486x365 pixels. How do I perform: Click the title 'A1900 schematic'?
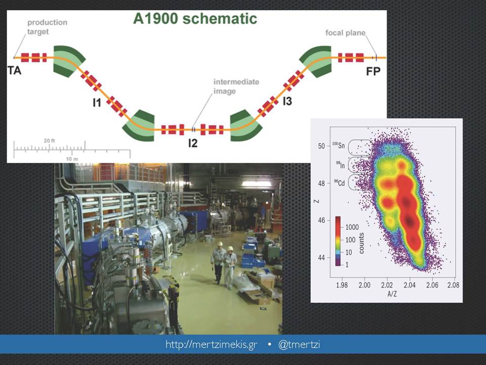click(x=195, y=19)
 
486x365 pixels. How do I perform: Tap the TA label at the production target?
click(x=14, y=70)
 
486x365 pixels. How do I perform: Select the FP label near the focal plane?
click(x=373, y=71)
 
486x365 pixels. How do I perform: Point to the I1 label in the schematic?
click(x=97, y=102)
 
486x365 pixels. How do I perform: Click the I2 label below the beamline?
click(x=193, y=143)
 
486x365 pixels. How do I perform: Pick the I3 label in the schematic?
click(x=288, y=101)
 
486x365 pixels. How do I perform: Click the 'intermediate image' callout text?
click(x=236, y=87)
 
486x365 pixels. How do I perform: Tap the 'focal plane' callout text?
click(x=345, y=32)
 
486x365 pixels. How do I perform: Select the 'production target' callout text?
click(x=47, y=27)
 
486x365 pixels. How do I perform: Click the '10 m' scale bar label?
click(x=72, y=159)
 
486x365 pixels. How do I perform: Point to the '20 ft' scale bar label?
click(x=49, y=140)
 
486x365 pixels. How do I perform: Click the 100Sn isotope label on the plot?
click(x=339, y=145)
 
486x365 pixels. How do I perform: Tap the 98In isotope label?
click(x=341, y=165)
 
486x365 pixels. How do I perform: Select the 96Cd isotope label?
click(x=339, y=182)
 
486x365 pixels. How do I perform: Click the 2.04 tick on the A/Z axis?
click(x=410, y=284)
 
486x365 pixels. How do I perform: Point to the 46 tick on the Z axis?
click(x=321, y=221)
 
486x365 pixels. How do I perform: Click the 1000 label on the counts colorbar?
click(x=352, y=227)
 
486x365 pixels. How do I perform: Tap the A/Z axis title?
click(x=392, y=294)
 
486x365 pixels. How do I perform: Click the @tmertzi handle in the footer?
click(x=299, y=345)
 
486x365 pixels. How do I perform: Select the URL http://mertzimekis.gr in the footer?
click(x=212, y=345)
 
